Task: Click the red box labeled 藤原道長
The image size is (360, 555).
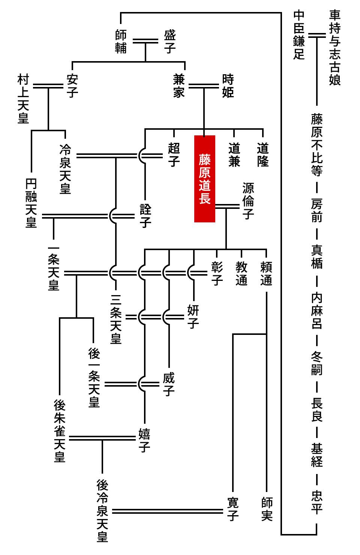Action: click(x=204, y=178)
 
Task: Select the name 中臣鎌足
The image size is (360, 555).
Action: click(x=299, y=35)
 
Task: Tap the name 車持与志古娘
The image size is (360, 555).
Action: click(x=334, y=48)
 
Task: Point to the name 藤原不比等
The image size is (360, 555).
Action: click(x=317, y=145)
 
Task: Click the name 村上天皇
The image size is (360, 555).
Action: click(x=23, y=99)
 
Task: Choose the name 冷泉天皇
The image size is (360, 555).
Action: click(x=65, y=169)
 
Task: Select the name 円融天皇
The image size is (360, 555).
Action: click(x=31, y=203)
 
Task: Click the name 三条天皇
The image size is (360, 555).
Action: click(x=116, y=319)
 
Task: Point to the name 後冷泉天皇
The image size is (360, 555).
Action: click(x=102, y=510)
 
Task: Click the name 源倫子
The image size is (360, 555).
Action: click(x=248, y=201)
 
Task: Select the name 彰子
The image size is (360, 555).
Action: click(x=217, y=273)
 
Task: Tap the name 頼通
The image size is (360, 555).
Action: click(x=266, y=273)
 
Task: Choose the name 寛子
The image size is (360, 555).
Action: click(x=233, y=509)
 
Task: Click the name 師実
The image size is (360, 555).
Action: click(x=267, y=509)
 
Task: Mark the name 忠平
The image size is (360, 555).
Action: click(x=317, y=502)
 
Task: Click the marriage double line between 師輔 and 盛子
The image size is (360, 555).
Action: click(x=146, y=41)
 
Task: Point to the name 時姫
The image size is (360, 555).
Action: click(x=228, y=86)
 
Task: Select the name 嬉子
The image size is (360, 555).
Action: click(x=144, y=440)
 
